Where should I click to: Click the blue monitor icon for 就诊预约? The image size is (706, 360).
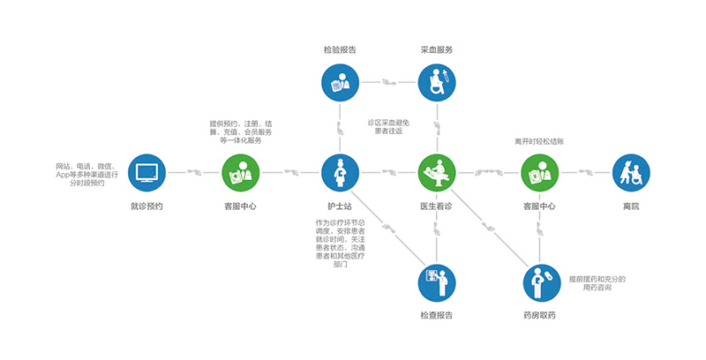click(146, 173)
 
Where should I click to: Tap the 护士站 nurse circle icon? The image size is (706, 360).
click(340, 173)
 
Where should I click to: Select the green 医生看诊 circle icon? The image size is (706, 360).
click(437, 173)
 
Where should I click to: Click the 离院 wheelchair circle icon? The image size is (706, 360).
click(630, 173)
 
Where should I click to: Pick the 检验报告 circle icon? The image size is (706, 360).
click(340, 85)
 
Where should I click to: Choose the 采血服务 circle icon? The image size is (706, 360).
click(437, 85)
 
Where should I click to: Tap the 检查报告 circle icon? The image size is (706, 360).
click(437, 283)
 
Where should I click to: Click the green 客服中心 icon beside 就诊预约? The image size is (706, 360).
click(240, 173)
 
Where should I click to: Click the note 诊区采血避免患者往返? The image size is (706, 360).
click(388, 125)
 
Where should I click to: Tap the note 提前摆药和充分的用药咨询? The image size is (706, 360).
click(597, 283)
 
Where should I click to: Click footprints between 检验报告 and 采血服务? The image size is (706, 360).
click(388, 85)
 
